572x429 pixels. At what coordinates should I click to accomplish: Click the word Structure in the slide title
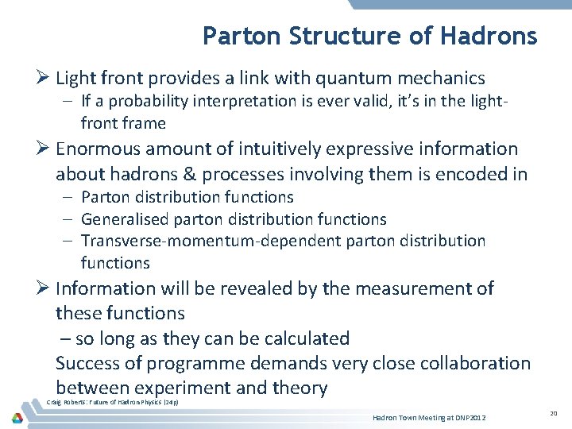click(x=347, y=37)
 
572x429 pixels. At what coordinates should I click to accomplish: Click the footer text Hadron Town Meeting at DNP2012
click(x=429, y=418)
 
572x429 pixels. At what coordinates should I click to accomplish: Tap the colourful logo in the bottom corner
click(x=17, y=417)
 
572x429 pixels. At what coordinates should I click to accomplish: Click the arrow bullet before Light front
click(x=44, y=79)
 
